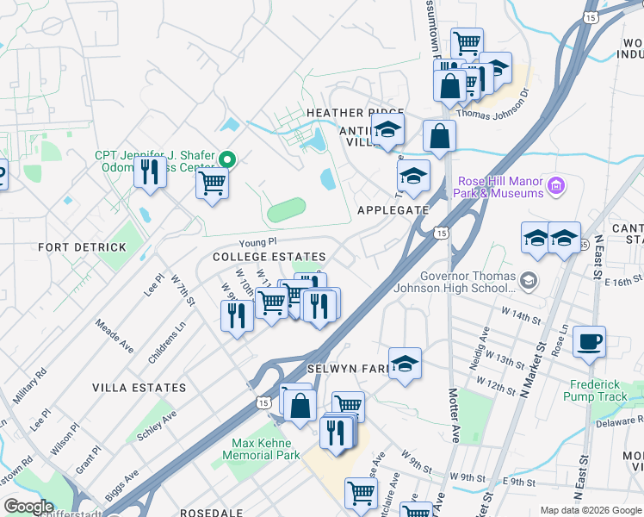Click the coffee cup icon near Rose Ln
click(589, 342)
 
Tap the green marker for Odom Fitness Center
click(227, 159)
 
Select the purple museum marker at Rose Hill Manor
click(555, 185)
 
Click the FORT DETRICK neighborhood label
click(82, 247)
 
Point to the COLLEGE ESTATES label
click(269, 258)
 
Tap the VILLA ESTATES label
click(140, 388)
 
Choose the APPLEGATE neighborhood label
click(392, 210)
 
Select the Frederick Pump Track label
click(595, 390)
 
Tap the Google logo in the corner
click(28, 506)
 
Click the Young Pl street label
click(258, 243)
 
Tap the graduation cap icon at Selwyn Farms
click(405, 364)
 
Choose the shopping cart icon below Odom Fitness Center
click(212, 182)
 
